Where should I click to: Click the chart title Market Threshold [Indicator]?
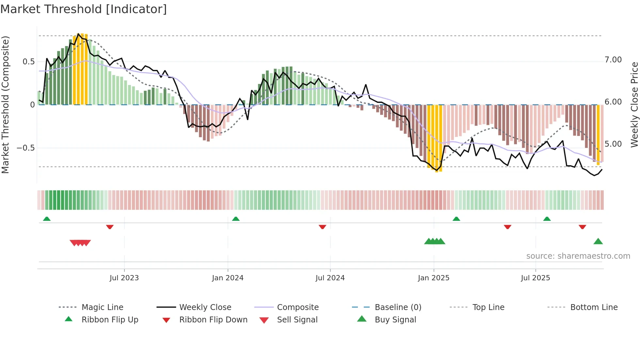pyautogui.click(x=84, y=9)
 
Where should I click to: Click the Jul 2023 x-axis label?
pyautogui.click(x=124, y=278)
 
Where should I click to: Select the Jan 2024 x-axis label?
pyautogui.click(x=228, y=278)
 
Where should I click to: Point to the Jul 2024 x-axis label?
pyautogui.click(x=330, y=278)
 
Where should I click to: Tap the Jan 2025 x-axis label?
pyautogui.click(x=434, y=278)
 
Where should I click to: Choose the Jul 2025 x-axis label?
pyautogui.click(x=536, y=278)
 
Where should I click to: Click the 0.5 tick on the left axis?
pyautogui.click(x=29, y=62)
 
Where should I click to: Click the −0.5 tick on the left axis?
pyautogui.click(x=26, y=148)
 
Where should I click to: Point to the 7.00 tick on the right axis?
pyautogui.click(x=613, y=60)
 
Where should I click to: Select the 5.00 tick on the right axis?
pyautogui.click(x=613, y=144)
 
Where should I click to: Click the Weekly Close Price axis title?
pyautogui.click(x=634, y=105)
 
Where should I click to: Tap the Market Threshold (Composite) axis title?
pyautogui.click(x=5, y=105)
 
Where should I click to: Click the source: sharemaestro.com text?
pyautogui.click(x=578, y=256)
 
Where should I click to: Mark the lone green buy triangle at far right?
pyautogui.click(x=598, y=241)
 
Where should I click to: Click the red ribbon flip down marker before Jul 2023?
pyautogui.click(x=110, y=227)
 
